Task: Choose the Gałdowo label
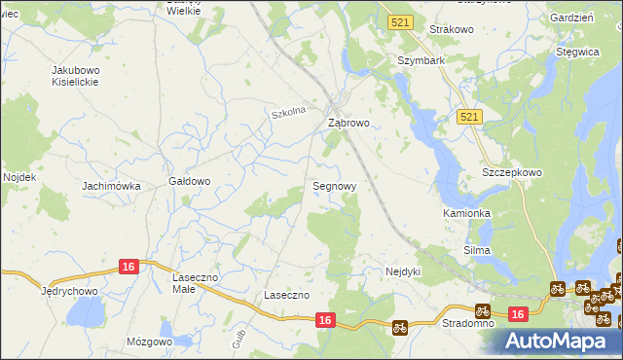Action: click(190, 181)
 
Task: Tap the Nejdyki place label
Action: click(402, 271)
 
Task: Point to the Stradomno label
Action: click(466, 322)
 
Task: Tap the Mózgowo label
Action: click(149, 342)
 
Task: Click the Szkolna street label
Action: click(288, 113)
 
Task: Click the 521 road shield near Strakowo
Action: click(399, 21)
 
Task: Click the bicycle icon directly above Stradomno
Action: click(481, 310)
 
